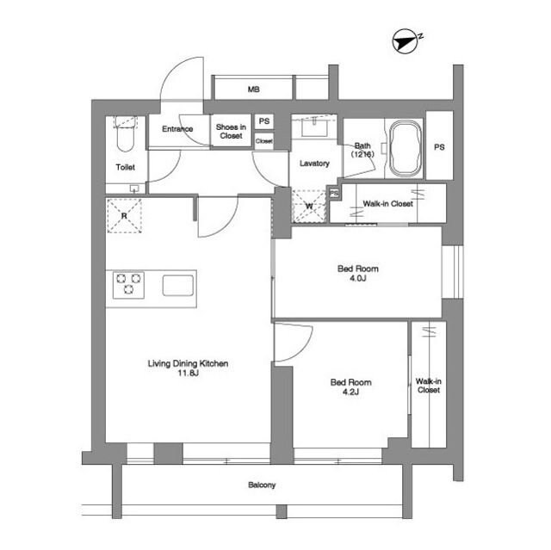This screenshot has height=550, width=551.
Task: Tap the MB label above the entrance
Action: point(254,90)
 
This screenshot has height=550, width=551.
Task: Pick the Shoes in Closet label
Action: point(231,131)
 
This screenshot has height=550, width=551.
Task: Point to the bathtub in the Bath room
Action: point(404,145)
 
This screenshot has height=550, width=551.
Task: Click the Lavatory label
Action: point(314,164)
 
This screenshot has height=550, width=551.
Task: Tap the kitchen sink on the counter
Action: point(178,284)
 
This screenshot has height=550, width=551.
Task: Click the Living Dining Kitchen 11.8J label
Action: point(188,368)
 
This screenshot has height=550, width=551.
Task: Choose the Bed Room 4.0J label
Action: point(357,274)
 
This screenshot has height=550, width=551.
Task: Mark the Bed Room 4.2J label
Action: point(350,386)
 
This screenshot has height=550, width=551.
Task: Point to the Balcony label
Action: point(262,485)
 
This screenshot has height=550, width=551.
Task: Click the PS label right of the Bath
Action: point(439,147)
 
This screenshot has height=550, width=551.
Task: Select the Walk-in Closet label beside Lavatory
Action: point(387,204)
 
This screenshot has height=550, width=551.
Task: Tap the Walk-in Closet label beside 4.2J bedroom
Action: point(429,385)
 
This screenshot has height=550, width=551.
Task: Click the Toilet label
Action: point(126,167)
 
